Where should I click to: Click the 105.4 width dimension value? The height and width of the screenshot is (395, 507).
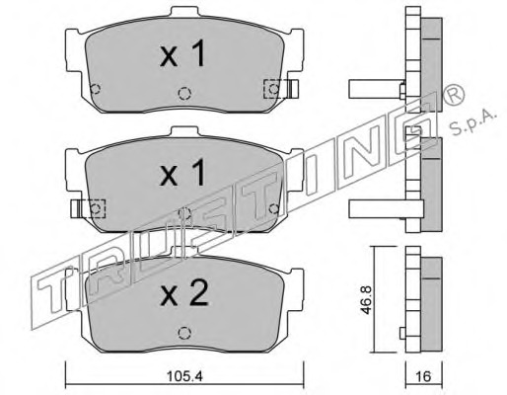184,376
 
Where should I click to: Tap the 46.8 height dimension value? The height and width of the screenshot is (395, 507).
366,300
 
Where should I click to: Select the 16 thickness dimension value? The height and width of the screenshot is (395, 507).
423,376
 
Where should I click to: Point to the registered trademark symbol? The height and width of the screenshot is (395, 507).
454,95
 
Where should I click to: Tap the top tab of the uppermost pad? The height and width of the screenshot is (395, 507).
185,13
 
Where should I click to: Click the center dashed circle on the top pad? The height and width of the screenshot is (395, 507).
184,93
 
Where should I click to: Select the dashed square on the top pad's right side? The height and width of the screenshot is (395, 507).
274,89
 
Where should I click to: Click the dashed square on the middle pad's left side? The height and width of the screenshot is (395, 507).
96,208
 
